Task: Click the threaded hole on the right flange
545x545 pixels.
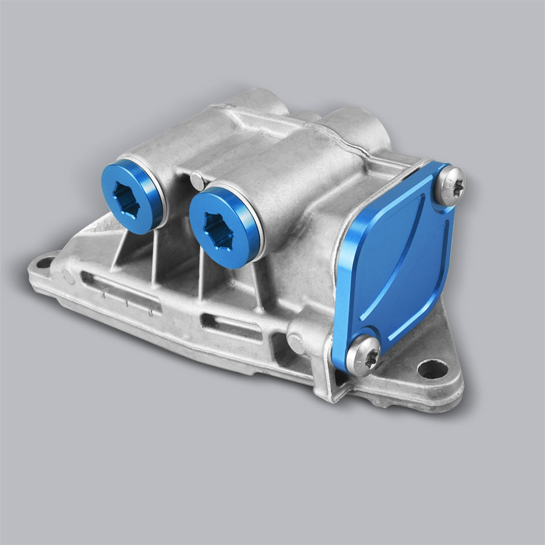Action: (426, 367)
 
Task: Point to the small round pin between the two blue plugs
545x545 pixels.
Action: (195, 178)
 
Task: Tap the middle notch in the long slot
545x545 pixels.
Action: (128, 302)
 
